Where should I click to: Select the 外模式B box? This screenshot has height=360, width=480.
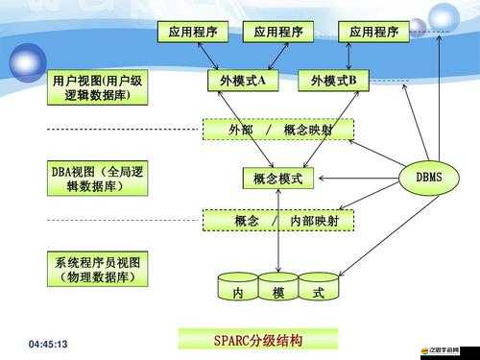pos(333,82)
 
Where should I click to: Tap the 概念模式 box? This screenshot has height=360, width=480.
pos(278,179)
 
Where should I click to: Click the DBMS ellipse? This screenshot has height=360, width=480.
pos(428,179)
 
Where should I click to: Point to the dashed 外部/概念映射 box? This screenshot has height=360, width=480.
pos(278,130)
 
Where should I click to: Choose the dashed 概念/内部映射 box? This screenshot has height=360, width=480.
pos(278,221)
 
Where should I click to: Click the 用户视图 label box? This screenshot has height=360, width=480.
pos(97,88)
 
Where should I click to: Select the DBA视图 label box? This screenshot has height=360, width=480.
pos(97,179)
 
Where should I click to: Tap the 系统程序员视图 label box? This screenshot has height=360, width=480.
pos(97,269)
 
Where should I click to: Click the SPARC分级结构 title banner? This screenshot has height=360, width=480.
pos(257,340)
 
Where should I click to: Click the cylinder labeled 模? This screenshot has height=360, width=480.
pos(278,290)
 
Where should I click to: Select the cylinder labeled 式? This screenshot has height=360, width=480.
pos(319,290)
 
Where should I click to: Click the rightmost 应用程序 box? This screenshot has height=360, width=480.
pos(372,33)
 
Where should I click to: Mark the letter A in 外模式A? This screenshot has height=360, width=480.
pos(261,82)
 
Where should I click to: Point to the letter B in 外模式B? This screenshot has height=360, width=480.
pos(351,82)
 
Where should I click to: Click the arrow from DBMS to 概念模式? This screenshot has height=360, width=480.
pos(356,179)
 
